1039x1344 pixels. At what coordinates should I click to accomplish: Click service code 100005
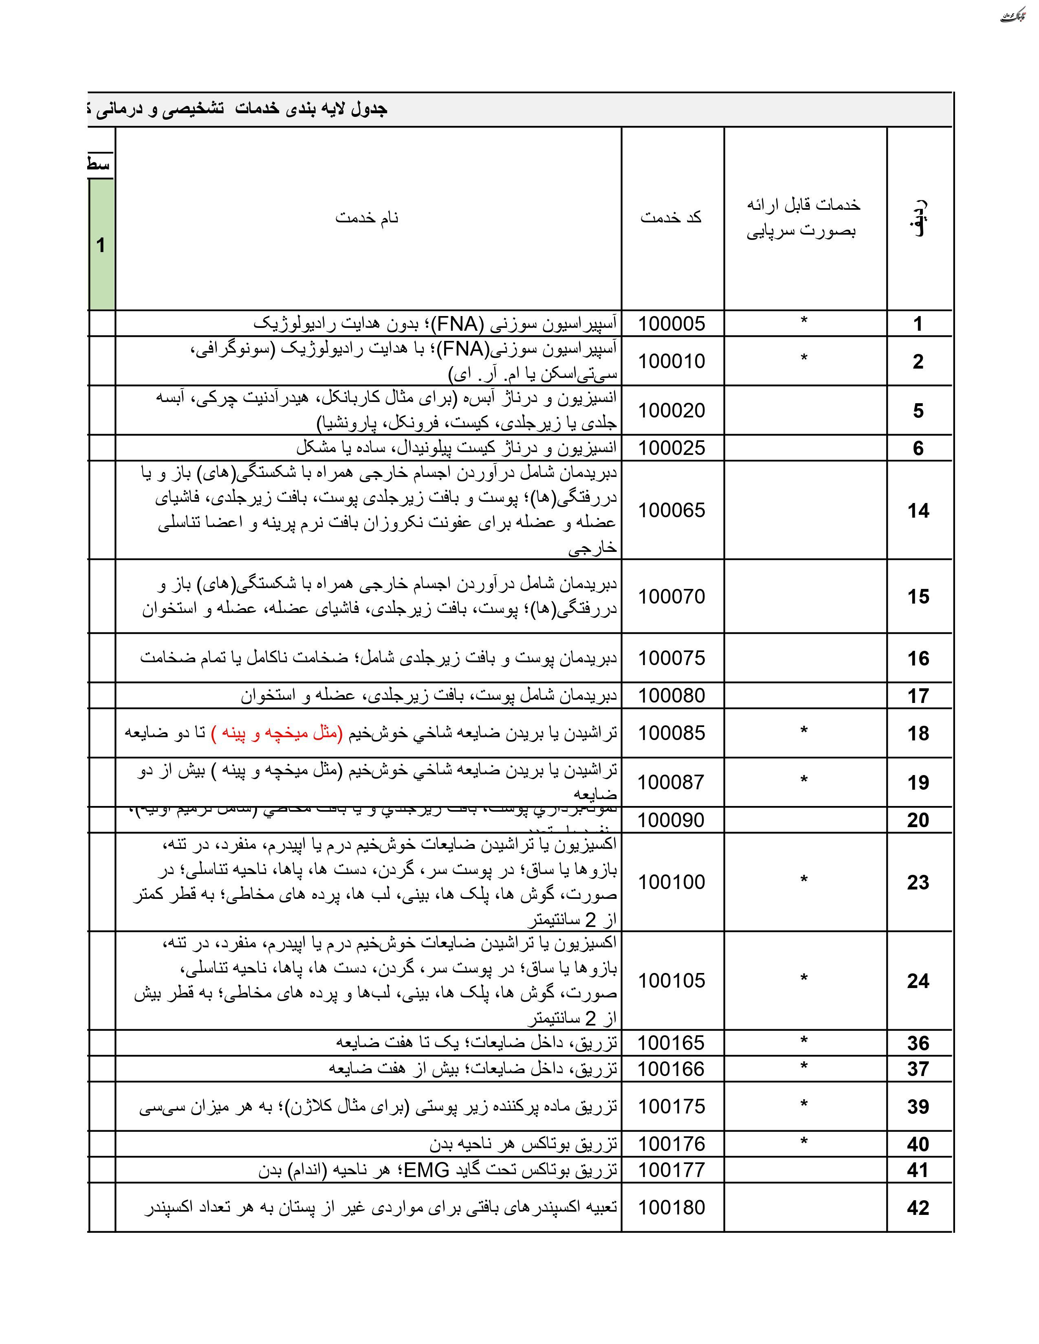(x=671, y=324)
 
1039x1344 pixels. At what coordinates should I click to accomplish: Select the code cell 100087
(x=671, y=782)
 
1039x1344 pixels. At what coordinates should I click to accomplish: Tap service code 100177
(x=671, y=1170)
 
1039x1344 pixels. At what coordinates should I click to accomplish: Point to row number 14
(x=918, y=510)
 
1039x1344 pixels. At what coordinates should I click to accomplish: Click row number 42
(x=918, y=1208)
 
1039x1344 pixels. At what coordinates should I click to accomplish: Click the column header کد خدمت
(x=671, y=217)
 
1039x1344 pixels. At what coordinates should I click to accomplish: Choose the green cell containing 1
(x=101, y=245)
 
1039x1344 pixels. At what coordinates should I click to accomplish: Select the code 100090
(x=671, y=820)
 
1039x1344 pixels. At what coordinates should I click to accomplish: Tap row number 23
(x=918, y=882)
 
